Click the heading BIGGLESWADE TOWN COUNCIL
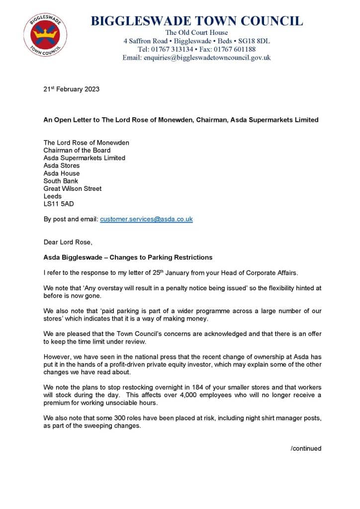196,21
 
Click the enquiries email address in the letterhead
207,58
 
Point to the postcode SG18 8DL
254,41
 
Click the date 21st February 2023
71,89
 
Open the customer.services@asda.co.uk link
146,219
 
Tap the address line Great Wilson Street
73,188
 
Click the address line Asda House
61,173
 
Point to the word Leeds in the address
53,196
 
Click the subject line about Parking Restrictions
128,257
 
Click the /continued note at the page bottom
306,448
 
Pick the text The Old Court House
196,32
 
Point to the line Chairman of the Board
77,150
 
